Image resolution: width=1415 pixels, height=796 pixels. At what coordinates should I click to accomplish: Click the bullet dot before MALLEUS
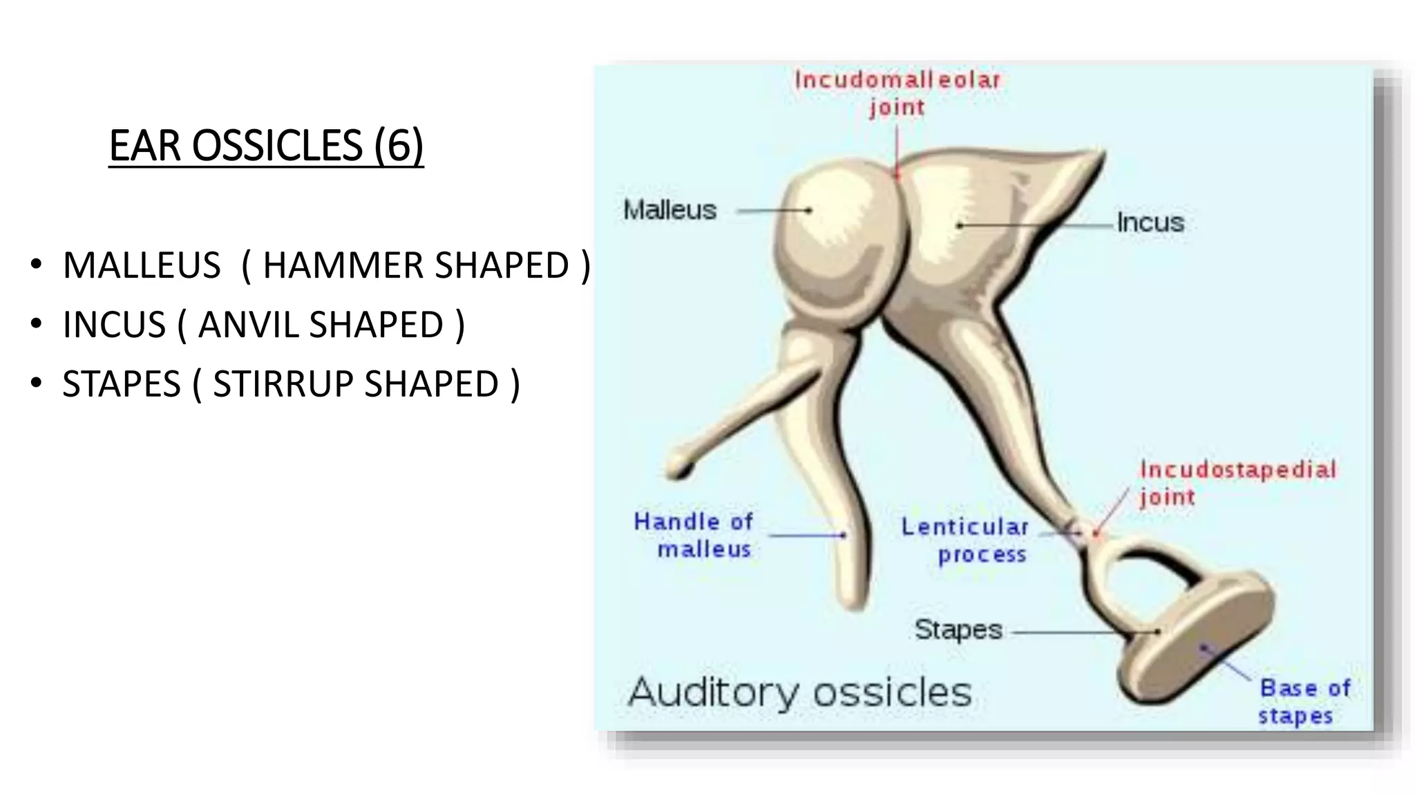pyautogui.click(x=36, y=265)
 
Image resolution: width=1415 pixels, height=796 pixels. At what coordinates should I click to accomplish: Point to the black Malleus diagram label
pyautogui.click(x=669, y=210)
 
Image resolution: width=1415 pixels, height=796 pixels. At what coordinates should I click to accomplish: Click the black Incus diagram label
pyautogui.click(x=1150, y=222)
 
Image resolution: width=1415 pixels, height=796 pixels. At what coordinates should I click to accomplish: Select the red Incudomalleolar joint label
pyautogui.click(x=898, y=93)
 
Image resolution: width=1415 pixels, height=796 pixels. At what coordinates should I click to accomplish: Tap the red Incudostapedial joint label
pyautogui.click(x=1237, y=483)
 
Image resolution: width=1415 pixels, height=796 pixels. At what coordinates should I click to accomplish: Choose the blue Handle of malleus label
pyautogui.click(x=694, y=535)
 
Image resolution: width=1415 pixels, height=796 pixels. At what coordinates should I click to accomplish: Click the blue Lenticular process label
pyautogui.click(x=966, y=540)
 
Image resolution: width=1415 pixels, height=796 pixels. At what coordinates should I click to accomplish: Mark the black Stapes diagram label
pyautogui.click(x=958, y=629)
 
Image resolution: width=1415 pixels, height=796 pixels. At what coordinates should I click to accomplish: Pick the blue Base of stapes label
pyautogui.click(x=1303, y=701)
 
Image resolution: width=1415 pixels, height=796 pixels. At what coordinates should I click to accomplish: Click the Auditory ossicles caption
pyautogui.click(x=799, y=692)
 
